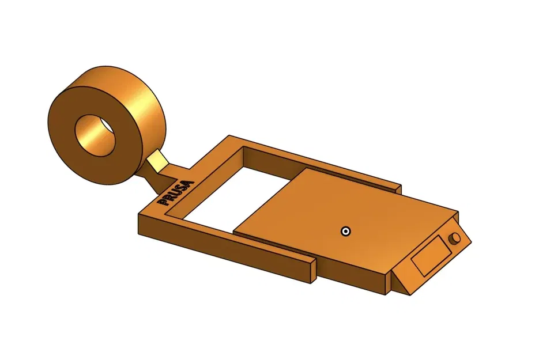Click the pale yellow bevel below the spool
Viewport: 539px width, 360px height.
pyautogui.click(x=157, y=158)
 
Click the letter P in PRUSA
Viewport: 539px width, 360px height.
pyautogui.click(x=163, y=202)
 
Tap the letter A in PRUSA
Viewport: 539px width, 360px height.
pyautogui.click(x=190, y=185)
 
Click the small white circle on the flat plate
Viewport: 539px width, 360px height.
pyautogui.click(x=345, y=232)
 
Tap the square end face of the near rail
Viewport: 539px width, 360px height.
pyautogui.click(x=311, y=270)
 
